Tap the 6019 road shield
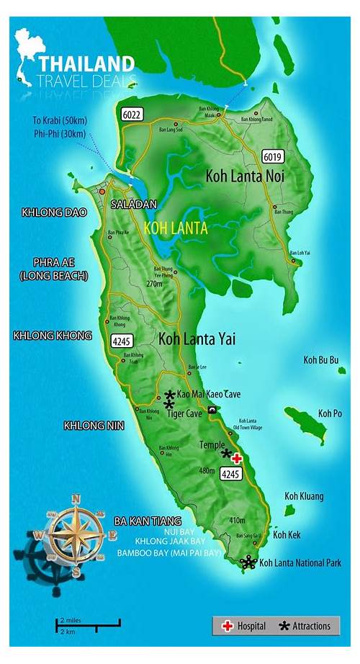click(x=271, y=156)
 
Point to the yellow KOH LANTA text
click(x=176, y=228)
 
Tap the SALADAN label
click(x=133, y=205)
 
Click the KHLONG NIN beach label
click(x=94, y=426)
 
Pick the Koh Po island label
click(x=330, y=413)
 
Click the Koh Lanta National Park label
click(x=300, y=562)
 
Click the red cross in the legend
click(x=228, y=626)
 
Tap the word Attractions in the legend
click(x=311, y=626)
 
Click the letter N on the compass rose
click(x=76, y=498)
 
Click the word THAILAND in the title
click(x=86, y=63)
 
